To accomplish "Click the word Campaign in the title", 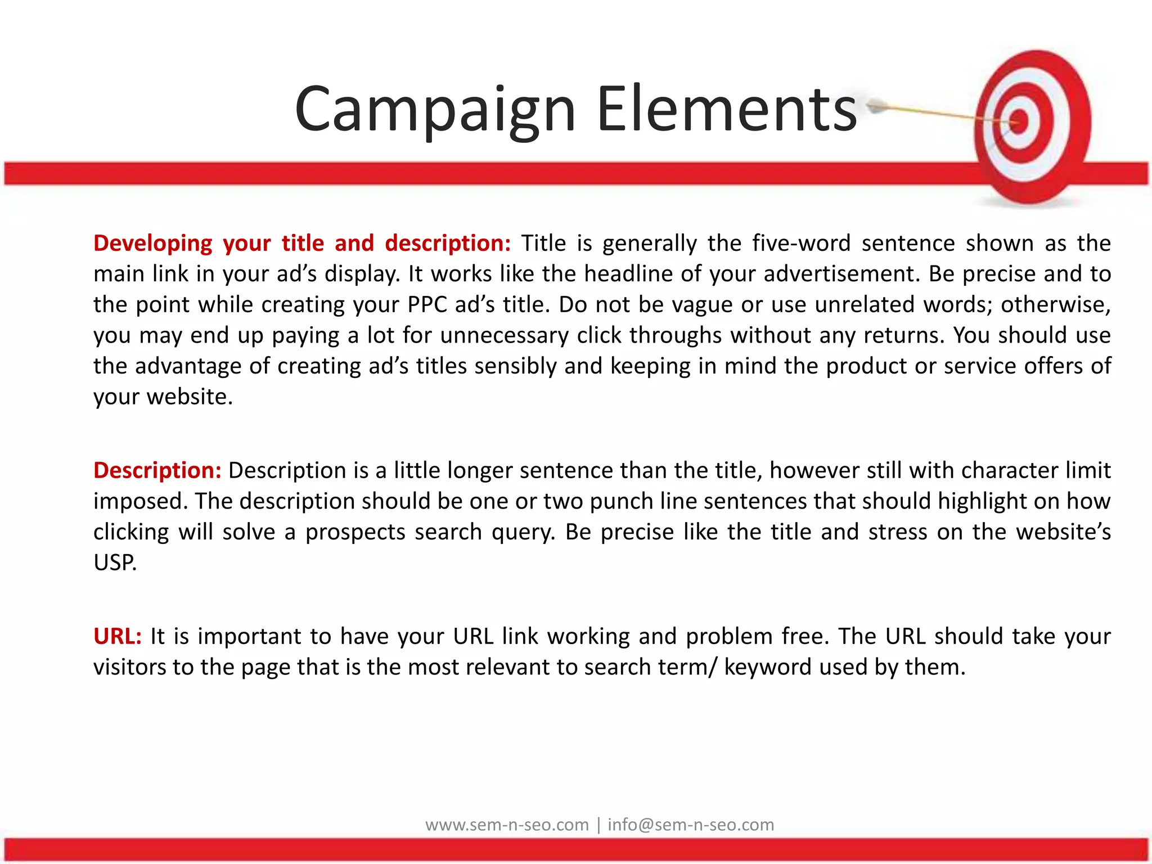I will [x=435, y=110].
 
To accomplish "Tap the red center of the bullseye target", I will [x=1019, y=121].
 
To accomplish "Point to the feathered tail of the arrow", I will [x=875, y=105].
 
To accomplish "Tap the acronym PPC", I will [x=427, y=305].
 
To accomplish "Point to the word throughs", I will [x=675, y=336].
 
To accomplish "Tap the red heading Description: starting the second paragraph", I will [x=157, y=471].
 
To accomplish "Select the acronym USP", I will [x=114, y=562].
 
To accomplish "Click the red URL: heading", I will [x=117, y=637].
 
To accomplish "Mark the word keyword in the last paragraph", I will [x=767, y=668].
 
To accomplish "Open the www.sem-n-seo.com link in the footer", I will [x=507, y=825].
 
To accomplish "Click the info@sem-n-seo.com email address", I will [x=691, y=825].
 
